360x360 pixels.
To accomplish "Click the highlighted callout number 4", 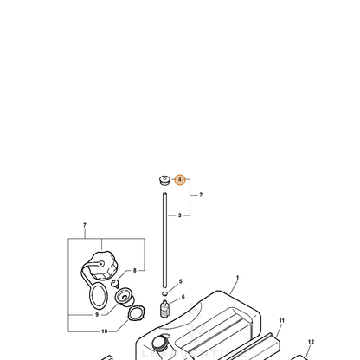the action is (x=180, y=180).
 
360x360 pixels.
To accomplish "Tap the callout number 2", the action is (x=201, y=195).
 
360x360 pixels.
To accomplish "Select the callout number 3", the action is (x=179, y=215).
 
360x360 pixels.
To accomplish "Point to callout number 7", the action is (x=85, y=225).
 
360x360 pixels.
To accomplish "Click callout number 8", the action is (x=135, y=271).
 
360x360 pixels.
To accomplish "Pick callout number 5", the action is (x=181, y=281).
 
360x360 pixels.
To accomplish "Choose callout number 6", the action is (x=183, y=297).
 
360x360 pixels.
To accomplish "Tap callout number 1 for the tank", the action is (x=237, y=278).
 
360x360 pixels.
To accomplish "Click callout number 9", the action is (x=97, y=315).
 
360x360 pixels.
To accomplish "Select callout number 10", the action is (x=105, y=331).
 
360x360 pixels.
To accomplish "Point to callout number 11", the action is (x=281, y=320).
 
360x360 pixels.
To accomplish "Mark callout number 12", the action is (x=311, y=342).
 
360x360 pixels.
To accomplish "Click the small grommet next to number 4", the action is (x=164, y=180).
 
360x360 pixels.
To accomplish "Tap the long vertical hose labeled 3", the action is (x=164, y=241).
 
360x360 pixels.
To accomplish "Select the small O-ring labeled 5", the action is (x=164, y=293).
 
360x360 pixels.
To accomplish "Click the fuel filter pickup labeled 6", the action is (x=164, y=309).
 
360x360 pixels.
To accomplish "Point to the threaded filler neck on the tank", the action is (x=162, y=344).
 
